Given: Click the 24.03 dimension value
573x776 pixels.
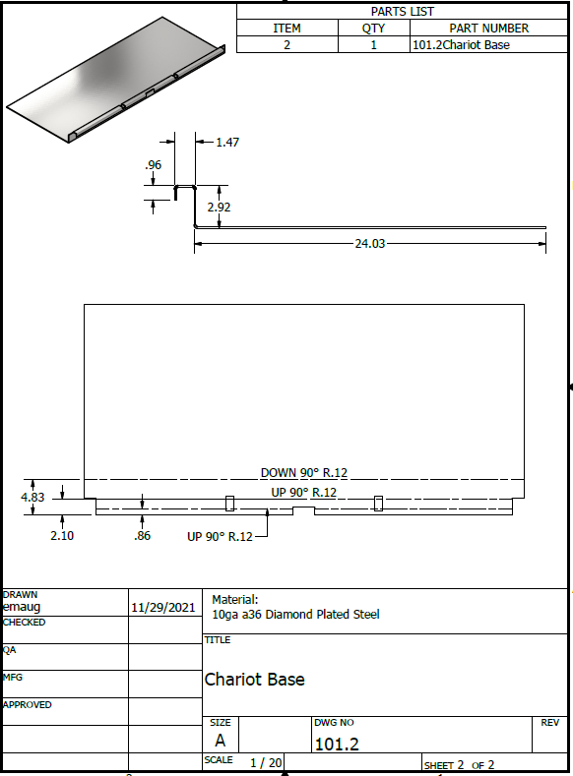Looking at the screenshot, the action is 369,244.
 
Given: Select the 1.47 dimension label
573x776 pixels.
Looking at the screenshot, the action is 227,143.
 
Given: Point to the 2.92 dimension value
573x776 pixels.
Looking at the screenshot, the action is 219,207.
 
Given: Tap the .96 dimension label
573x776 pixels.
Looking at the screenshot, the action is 153,165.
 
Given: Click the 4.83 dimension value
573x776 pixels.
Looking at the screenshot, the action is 32,497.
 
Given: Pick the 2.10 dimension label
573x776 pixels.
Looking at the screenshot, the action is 62,535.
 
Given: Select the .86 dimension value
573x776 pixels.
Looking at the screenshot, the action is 142,535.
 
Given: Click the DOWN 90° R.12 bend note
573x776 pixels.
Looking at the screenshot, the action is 304,473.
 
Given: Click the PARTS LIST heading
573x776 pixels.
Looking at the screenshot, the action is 402,12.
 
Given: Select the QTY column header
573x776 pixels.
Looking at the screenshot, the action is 373,29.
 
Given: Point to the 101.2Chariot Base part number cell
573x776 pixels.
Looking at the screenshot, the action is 461,45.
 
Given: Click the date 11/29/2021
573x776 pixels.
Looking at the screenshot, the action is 163,608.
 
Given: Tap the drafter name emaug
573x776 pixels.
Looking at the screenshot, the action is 22,607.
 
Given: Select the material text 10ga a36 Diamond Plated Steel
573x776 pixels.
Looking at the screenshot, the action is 295,615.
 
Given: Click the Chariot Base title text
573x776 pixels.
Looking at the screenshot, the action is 255,679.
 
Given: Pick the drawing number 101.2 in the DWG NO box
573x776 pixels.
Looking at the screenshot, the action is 337,744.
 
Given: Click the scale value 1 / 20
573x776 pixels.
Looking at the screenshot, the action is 266,762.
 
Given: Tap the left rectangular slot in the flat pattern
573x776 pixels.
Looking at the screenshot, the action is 229,504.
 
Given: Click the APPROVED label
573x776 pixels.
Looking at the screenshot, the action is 28,705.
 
